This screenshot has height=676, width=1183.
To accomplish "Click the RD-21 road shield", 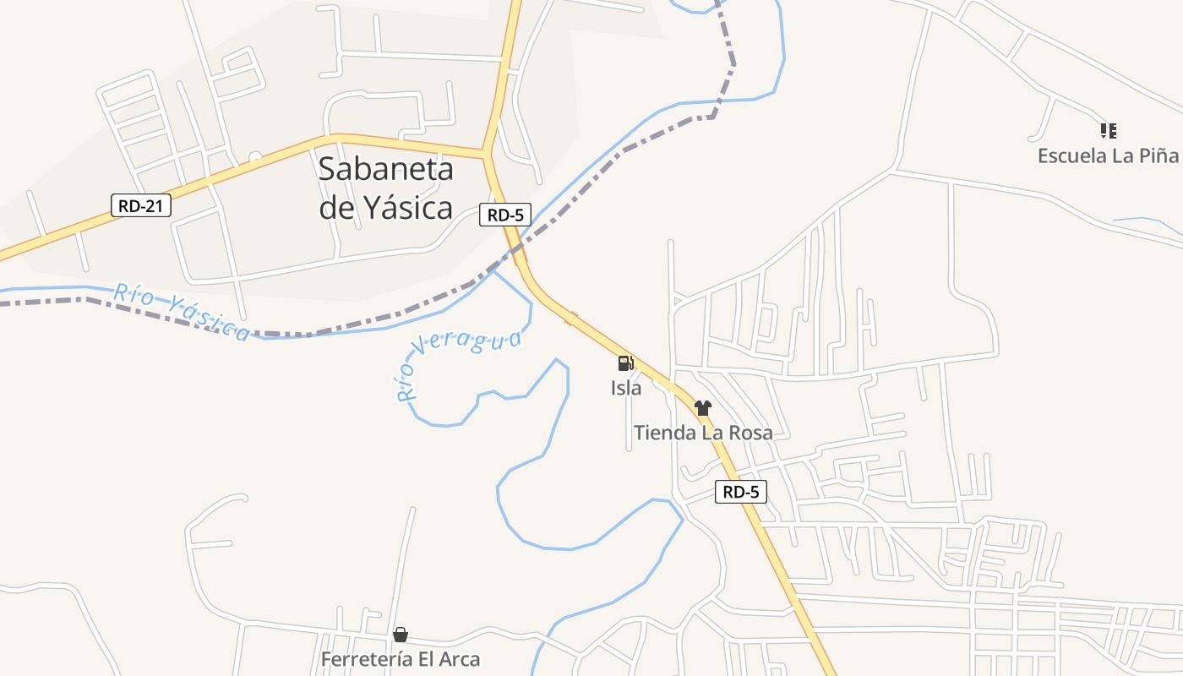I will click(x=141, y=204).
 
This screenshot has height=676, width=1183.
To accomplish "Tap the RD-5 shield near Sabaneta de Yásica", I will click(x=505, y=215).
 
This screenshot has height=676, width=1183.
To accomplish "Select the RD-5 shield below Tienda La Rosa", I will click(x=741, y=492).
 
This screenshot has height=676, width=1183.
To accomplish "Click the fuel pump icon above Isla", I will click(x=625, y=363).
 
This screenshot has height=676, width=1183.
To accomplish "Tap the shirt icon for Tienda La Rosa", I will click(x=703, y=408).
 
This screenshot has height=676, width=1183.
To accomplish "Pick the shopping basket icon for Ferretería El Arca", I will click(x=401, y=635).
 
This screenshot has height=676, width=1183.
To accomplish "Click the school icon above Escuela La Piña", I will click(x=1108, y=130).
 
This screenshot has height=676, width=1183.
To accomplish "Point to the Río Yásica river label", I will click(x=181, y=313).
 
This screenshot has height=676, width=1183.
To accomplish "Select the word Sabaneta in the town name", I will click(x=385, y=169).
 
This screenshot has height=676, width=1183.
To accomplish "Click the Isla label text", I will click(x=626, y=389).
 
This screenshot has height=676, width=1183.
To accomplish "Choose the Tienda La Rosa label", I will click(x=703, y=433).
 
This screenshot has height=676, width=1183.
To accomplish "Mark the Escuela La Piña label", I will click(x=1107, y=155).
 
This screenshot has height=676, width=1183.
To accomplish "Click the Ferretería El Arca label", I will click(x=401, y=659).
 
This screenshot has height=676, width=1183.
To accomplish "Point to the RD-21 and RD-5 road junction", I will click(x=488, y=154).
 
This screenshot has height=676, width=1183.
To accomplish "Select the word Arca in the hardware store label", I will click(x=457, y=659).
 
